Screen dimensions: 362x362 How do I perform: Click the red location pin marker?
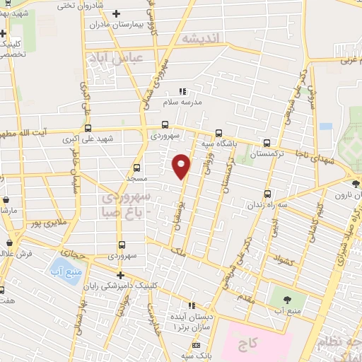[182, 165]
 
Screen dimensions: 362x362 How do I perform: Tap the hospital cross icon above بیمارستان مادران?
[117, 13]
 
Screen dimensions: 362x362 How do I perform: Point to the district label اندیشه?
[201, 37]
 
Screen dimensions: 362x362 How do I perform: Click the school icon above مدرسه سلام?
[182, 91]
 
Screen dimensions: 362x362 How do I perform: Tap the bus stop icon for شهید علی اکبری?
[88, 129]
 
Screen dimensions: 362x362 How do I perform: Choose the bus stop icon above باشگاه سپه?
[218, 132]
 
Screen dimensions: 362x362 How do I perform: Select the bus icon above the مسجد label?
[136, 168]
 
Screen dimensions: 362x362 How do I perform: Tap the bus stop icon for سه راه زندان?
[267, 194]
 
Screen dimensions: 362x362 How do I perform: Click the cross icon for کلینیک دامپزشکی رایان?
[120, 275]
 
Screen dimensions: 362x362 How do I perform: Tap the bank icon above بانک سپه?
[196, 345]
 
